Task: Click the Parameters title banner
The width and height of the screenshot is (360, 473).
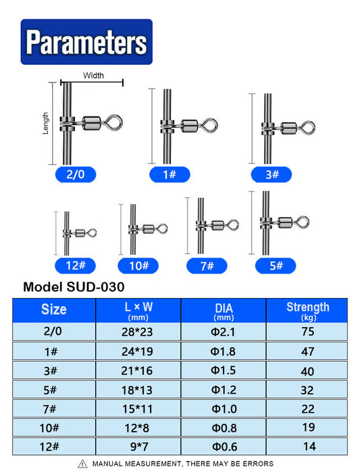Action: [86, 42]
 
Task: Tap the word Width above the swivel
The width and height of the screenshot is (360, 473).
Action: [93, 76]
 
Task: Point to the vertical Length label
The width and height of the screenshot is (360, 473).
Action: [45, 123]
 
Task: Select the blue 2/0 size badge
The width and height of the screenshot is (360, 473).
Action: [76, 174]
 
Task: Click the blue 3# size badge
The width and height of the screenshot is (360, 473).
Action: [272, 174]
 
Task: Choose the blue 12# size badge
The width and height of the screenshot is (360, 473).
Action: [76, 266]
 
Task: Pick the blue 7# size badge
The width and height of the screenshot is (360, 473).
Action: [207, 266]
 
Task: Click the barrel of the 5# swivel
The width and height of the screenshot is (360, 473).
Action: [285, 223]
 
